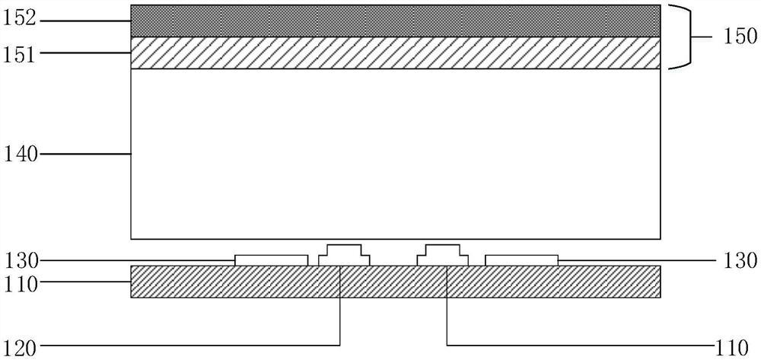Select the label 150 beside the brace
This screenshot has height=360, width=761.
(738, 36)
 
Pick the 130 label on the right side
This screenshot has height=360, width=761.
(740, 260)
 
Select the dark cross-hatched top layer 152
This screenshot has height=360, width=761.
(395, 21)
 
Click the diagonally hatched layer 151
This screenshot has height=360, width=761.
(395, 53)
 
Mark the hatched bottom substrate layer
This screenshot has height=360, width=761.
(395, 281)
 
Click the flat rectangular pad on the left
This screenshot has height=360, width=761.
(271, 260)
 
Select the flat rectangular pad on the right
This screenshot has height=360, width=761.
(521, 260)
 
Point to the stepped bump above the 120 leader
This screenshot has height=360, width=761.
(344, 255)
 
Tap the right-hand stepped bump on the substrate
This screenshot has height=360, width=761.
(443, 255)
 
